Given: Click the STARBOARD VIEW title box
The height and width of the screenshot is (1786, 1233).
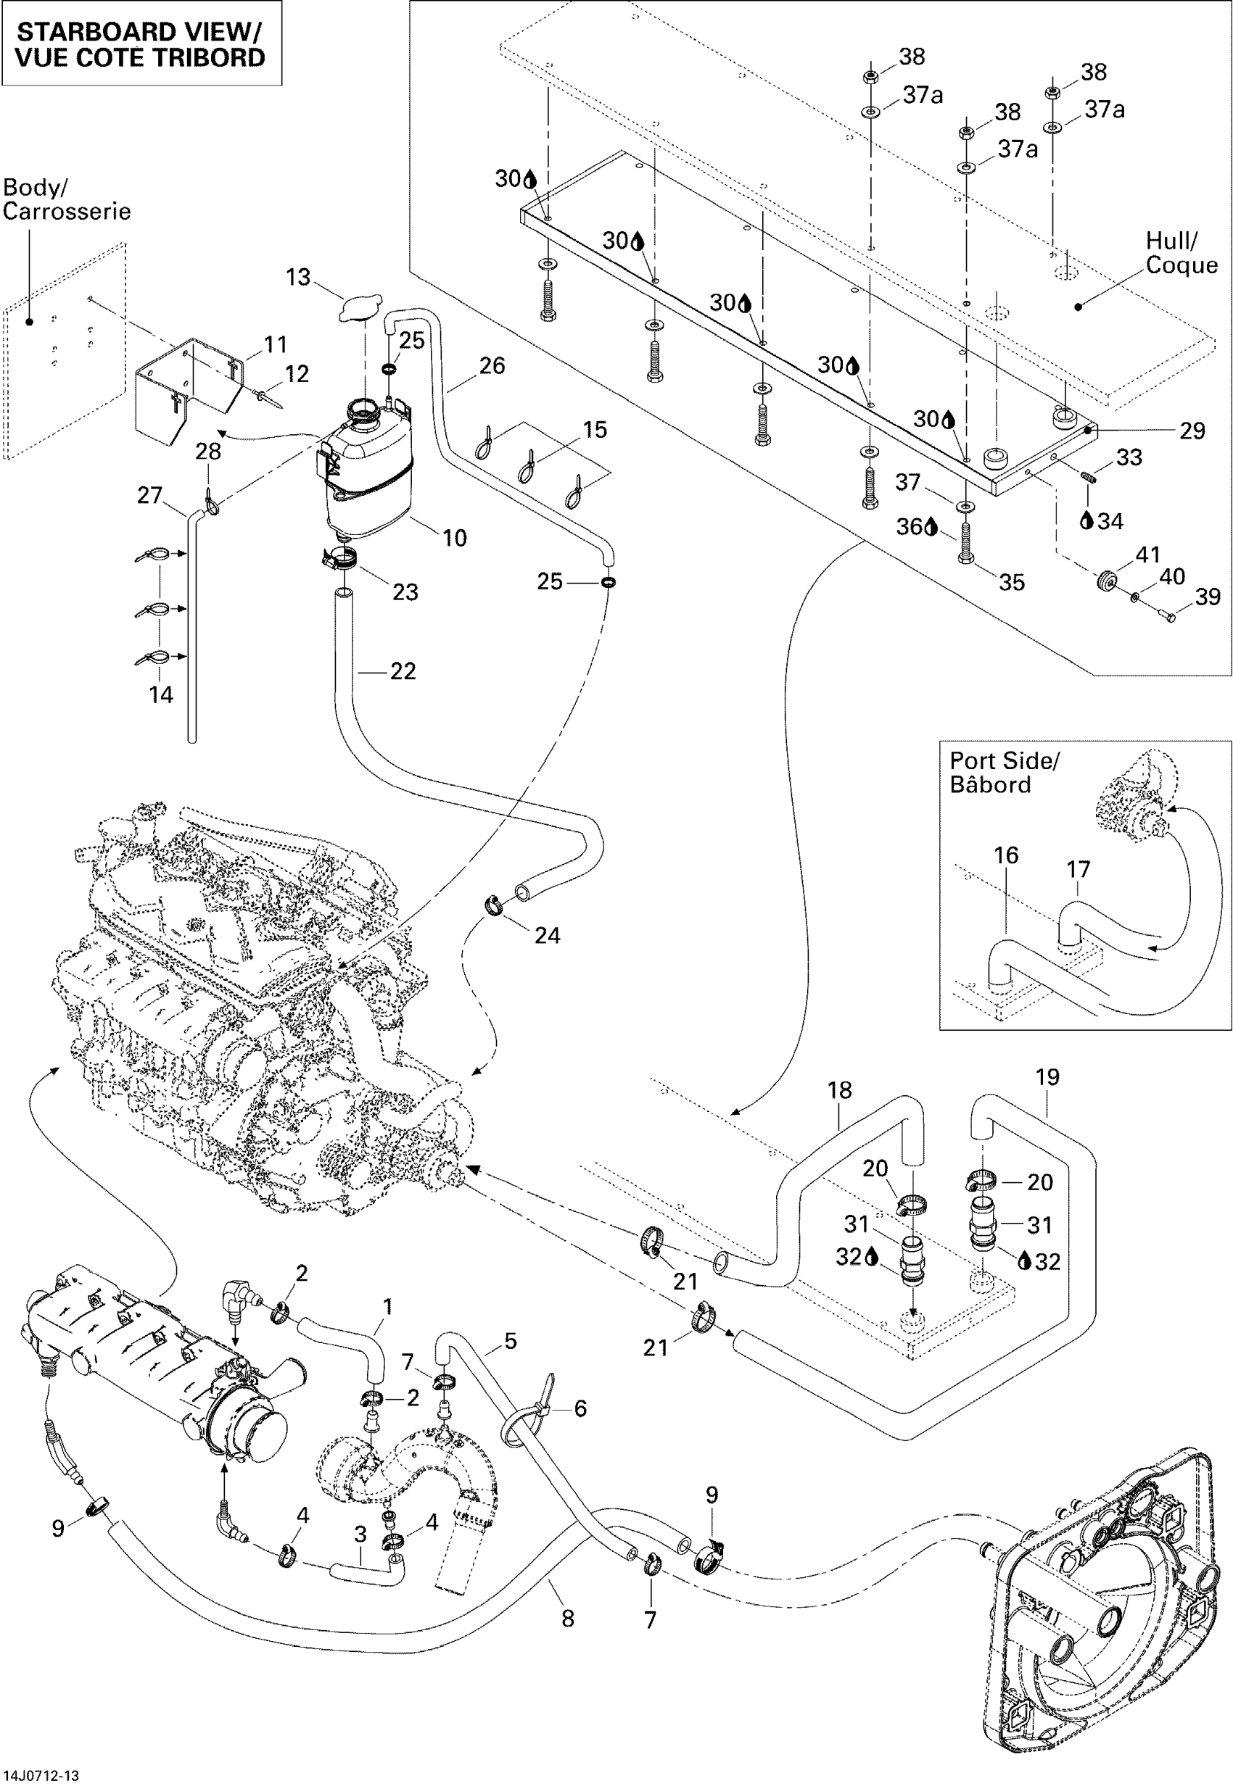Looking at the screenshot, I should pos(141,44).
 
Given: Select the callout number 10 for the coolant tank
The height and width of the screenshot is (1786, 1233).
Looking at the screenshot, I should pos(454,539).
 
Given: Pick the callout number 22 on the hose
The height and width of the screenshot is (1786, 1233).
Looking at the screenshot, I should pos(403,670).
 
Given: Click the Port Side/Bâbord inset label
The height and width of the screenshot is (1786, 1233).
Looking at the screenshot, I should pos(1004,772).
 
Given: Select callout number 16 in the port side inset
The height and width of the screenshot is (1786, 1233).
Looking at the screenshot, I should pos(1006,855).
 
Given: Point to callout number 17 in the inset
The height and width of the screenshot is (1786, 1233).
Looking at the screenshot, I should pos(1078,870).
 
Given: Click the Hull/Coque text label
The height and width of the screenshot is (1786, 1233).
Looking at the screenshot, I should pos(1181,253).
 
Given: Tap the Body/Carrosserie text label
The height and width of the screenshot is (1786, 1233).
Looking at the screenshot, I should pos(67,199).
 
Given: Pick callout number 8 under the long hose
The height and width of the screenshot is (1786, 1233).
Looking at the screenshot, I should pos(568,1619).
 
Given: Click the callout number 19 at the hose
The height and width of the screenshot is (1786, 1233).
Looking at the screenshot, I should pos(1047,1077).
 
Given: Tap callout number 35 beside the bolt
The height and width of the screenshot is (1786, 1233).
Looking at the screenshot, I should pos(1011,582).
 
